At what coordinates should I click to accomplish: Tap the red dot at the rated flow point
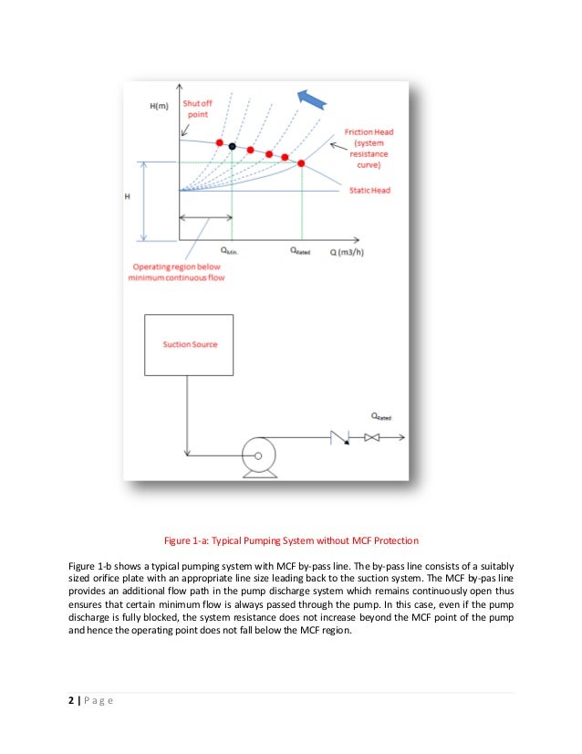coord(302,163)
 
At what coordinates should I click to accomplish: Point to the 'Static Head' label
coord(369,190)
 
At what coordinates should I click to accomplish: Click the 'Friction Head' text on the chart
coord(369,132)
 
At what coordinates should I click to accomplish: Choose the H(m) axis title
coord(160,105)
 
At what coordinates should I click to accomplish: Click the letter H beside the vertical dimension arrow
coord(128,196)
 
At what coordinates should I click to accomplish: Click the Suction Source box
coord(190,345)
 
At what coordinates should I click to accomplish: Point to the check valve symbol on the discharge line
coord(342,439)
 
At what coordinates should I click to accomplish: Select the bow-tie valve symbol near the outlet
coord(371,439)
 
